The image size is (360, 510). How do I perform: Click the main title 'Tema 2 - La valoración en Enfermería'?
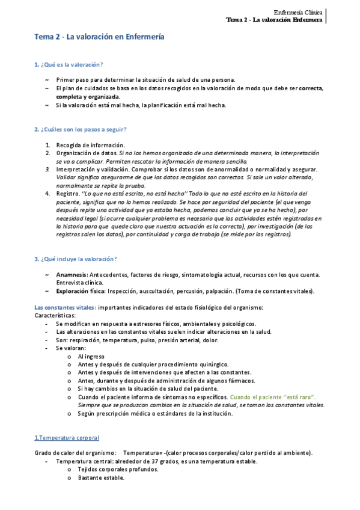[99, 37]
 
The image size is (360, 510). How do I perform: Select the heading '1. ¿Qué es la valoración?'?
[68, 64]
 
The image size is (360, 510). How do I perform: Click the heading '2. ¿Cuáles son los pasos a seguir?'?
[81, 129]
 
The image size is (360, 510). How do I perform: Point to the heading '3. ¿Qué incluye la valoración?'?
[75, 259]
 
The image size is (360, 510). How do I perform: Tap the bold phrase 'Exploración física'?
[81, 291]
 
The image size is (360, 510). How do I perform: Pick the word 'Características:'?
[55, 315]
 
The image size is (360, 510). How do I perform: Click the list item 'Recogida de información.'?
[90, 145]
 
